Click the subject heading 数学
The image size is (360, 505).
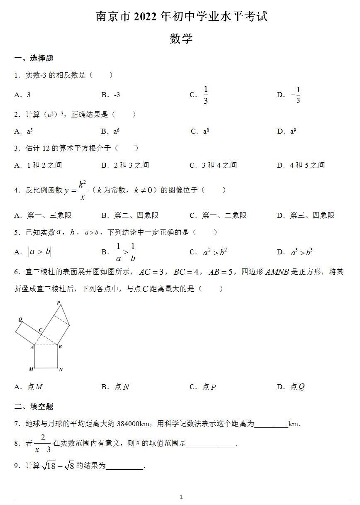181,39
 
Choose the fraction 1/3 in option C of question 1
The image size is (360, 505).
206,95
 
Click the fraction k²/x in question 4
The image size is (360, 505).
82,190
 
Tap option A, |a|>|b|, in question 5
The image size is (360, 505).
39,251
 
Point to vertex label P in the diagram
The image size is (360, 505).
58,303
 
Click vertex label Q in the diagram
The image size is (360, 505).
20,320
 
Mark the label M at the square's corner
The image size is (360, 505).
31,369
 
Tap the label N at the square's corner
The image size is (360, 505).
61,369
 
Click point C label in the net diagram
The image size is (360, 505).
40,330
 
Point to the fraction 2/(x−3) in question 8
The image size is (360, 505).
42,443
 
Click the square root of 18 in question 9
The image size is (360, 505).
49,466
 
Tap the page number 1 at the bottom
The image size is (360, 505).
181,497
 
